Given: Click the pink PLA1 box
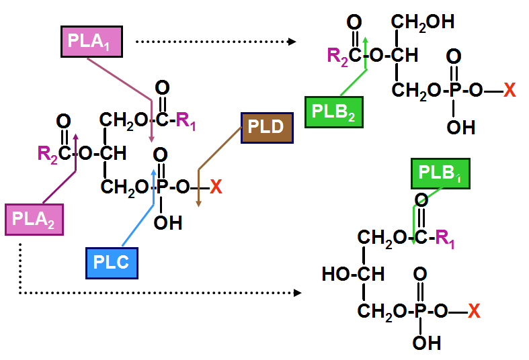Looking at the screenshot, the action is [x=91, y=42].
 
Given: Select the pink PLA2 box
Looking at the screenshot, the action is [x=34, y=220].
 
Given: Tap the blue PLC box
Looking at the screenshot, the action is [x=112, y=263].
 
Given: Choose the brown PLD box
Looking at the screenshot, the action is [x=267, y=128].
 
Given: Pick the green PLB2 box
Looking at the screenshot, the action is [x=333, y=112].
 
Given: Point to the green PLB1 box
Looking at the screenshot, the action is [x=440, y=173].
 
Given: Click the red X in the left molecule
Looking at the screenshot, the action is [x=216, y=187].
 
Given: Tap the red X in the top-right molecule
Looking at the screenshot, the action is [x=510, y=90].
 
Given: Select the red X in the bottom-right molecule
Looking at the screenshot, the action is [x=474, y=311].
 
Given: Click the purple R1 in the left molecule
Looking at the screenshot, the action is [x=186, y=121].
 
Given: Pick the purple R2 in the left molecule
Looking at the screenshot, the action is [x=48, y=154].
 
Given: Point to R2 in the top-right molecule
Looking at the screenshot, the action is [x=337, y=56].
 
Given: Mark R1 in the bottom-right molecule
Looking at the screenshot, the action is [x=445, y=238].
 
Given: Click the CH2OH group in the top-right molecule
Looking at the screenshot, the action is [x=423, y=23].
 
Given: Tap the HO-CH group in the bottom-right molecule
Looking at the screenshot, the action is [x=353, y=274].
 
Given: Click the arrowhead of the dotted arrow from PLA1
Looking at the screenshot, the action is [x=292, y=42].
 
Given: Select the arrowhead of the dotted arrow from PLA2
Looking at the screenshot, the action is [x=297, y=293].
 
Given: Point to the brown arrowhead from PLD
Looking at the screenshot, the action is [x=199, y=204].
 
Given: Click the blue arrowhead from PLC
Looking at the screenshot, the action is [x=154, y=172].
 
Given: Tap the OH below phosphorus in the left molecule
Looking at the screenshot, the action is [x=168, y=223].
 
